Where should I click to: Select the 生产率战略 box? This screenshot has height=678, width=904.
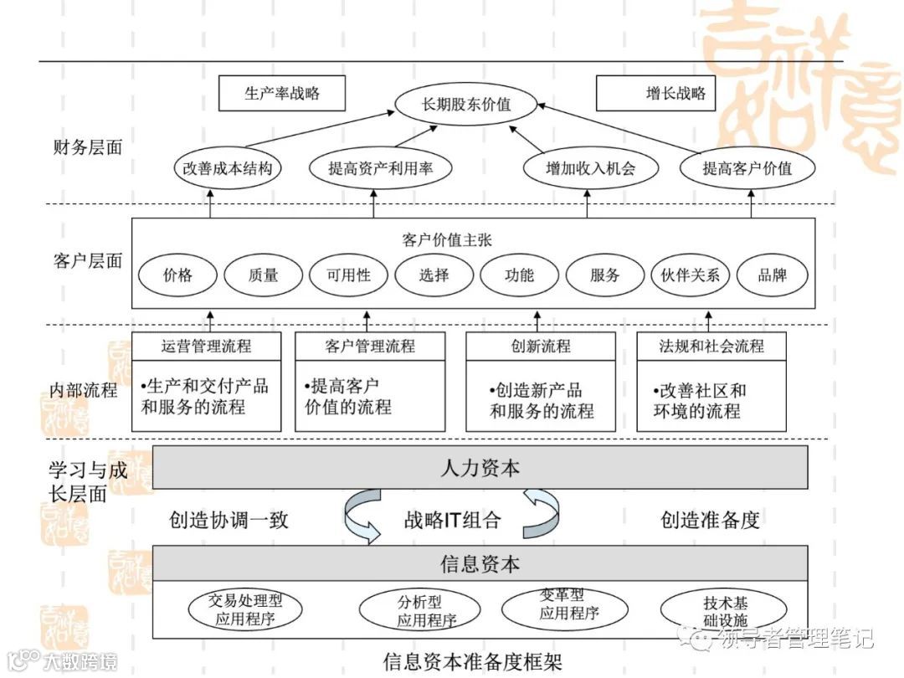click(281, 94)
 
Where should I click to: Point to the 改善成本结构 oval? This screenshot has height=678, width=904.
click(227, 168)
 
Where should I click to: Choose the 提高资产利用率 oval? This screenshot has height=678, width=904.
click(380, 168)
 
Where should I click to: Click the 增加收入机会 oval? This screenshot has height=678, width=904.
click(590, 168)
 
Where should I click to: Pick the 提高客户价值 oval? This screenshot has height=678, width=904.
click(747, 168)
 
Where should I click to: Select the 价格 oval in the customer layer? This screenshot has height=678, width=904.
click(177, 275)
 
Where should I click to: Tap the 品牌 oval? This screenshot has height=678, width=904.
click(772, 275)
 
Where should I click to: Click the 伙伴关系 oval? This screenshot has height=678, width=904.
click(690, 275)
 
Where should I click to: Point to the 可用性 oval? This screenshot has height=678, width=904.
click(348, 275)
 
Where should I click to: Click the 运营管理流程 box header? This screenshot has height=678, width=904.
click(206, 346)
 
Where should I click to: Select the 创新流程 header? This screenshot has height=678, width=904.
click(540, 346)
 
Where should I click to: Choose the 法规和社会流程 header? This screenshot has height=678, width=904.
click(711, 346)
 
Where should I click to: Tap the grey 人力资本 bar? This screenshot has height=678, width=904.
click(480, 467)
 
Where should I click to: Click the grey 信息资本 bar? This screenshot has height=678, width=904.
click(480, 563)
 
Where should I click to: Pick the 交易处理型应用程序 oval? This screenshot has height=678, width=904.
click(245, 611)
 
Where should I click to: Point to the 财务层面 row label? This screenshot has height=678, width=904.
click(87, 147)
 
